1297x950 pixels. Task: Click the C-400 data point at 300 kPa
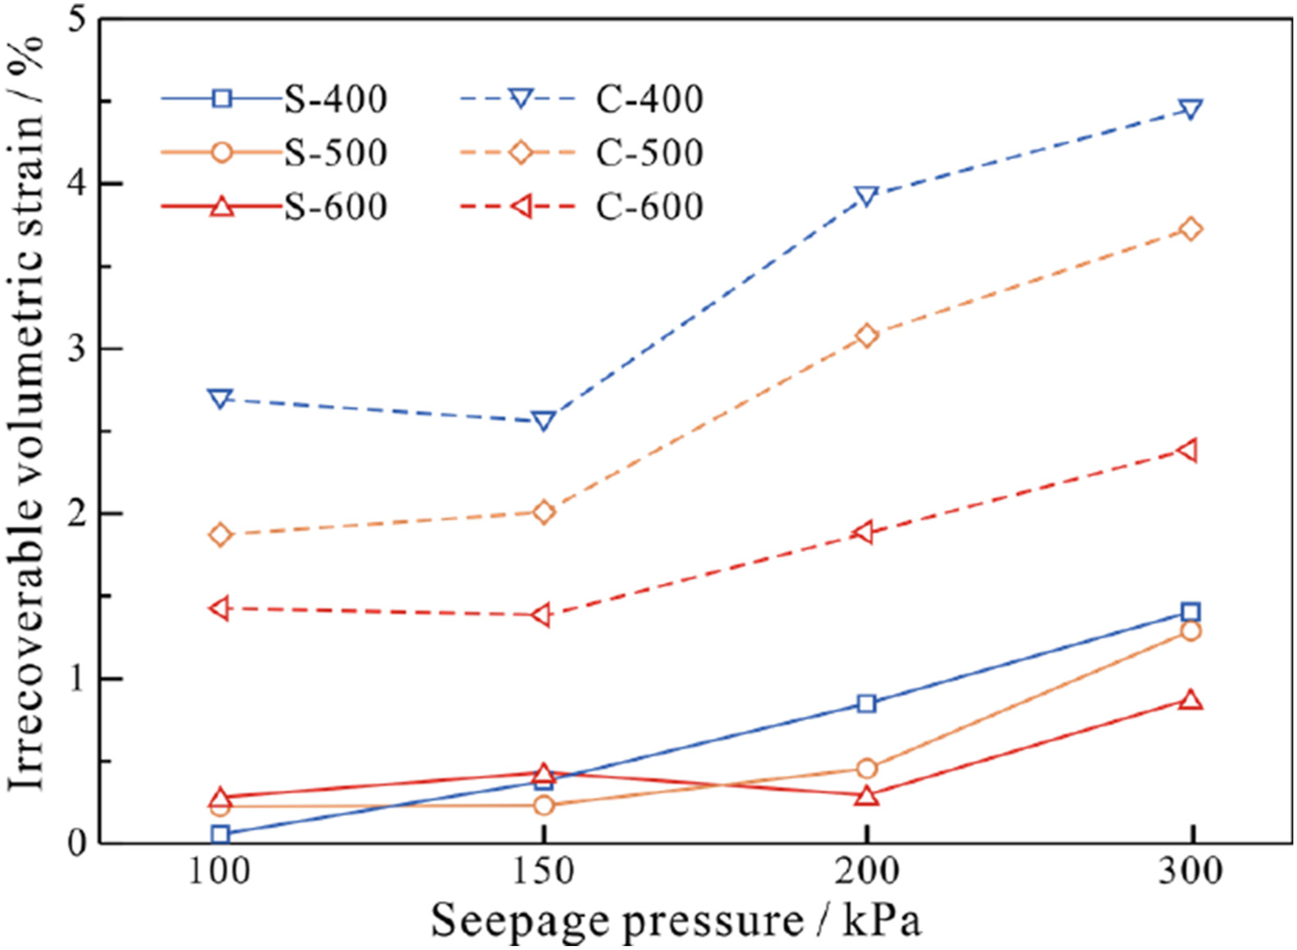pyautogui.click(x=1191, y=109)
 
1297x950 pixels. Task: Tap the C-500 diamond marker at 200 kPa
pyautogui.click(x=867, y=336)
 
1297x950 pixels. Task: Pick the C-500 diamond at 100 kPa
pyautogui.click(x=220, y=535)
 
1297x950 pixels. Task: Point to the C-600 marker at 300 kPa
pyautogui.click(x=1188, y=450)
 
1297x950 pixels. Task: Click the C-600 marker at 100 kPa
pyautogui.click(x=219, y=608)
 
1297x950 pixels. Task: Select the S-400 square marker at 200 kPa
pyautogui.click(x=867, y=703)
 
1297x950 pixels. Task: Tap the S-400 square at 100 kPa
pyautogui.click(x=220, y=835)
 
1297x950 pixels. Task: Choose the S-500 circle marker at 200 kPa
pyautogui.click(x=867, y=768)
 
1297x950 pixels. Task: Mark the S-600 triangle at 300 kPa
pyautogui.click(x=1191, y=700)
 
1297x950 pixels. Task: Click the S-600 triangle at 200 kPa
pyautogui.click(x=867, y=796)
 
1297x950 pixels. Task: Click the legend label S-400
pyautogui.click(x=336, y=100)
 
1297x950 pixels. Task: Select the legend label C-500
pyautogui.click(x=649, y=153)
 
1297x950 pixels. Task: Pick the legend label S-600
pyautogui.click(x=336, y=206)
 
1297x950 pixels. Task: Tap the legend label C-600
pyautogui.click(x=649, y=206)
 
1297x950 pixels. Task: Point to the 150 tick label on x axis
pyautogui.click(x=544, y=871)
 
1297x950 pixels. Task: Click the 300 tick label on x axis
pyautogui.click(x=1191, y=871)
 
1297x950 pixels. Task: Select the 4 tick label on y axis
pyautogui.click(x=78, y=184)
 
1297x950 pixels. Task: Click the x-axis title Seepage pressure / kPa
pyautogui.click(x=676, y=921)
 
